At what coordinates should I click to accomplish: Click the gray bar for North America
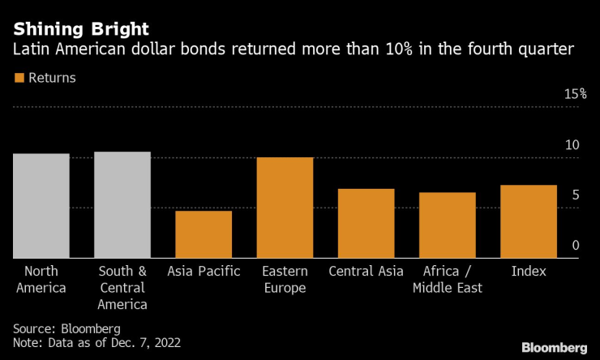coord(41,206)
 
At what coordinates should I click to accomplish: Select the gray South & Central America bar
coord(122,205)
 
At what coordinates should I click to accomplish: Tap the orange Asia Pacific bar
coord(204,234)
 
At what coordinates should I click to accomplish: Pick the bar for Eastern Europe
coord(285,208)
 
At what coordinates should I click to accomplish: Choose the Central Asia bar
coord(366,223)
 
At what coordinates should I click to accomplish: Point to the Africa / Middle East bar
coord(447,225)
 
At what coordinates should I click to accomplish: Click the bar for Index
coord(528,221)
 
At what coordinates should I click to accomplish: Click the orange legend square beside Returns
coord(19,79)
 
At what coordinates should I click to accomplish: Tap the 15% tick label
coord(575,94)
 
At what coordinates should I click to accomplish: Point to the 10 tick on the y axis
coord(572,145)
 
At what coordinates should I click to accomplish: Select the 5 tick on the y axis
coord(576,195)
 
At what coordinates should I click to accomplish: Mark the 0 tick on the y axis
coord(576,246)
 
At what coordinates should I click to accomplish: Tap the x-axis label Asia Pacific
coord(204,271)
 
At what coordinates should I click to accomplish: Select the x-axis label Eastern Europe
coord(285,279)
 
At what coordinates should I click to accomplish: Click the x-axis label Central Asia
coord(366,271)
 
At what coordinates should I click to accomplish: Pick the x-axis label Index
coord(528,271)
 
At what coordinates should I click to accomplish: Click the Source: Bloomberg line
coord(66,328)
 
